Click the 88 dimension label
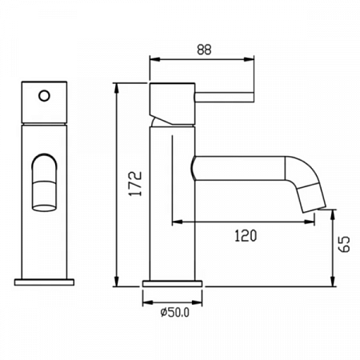tap(204, 50)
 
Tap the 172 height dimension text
tap(135, 184)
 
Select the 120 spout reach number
tap(246, 236)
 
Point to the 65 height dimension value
tap(344, 244)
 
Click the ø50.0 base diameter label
tap(175, 312)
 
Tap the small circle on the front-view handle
tap(44, 96)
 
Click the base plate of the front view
tap(44, 282)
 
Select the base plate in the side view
tap(172, 284)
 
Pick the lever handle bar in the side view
tap(224, 97)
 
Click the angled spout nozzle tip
tap(312, 198)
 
